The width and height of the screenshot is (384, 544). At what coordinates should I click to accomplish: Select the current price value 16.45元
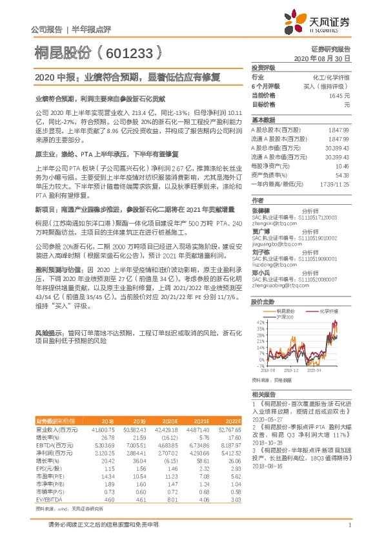[339, 95]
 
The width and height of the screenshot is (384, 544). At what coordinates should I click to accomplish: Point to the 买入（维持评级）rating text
[328, 86]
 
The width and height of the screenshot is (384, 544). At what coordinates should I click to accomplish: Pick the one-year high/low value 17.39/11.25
[334, 184]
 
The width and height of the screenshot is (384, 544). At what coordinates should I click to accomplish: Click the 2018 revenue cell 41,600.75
[105, 429]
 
